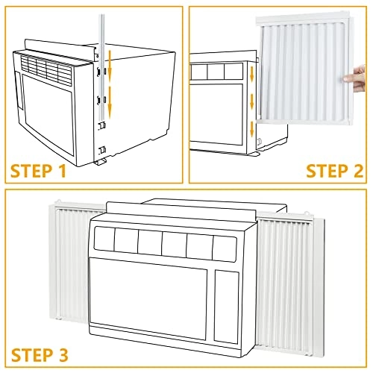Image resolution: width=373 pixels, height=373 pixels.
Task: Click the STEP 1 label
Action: pyautogui.click(x=39, y=171)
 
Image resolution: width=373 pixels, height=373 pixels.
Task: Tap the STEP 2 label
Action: pyautogui.click(x=334, y=171)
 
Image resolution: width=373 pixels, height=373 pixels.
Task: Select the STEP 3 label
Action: pyautogui.click(x=40, y=355)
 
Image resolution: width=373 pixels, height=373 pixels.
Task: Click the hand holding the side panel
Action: pyautogui.click(x=355, y=78)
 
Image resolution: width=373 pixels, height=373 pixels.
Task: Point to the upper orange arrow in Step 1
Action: pyautogui.click(x=110, y=63)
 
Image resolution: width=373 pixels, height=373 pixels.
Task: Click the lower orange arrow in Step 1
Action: pyautogui.click(x=110, y=100)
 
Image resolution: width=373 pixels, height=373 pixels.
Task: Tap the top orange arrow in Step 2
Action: pyautogui.click(x=252, y=74)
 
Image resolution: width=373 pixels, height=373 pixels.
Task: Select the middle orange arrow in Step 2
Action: pyautogui.click(x=252, y=101)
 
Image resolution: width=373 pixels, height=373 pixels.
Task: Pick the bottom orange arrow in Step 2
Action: pyautogui.click(x=252, y=129)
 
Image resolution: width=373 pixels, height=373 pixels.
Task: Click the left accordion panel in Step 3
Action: pyautogui.click(x=72, y=261)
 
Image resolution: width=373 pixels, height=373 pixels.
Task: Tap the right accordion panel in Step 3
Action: pyautogui.click(x=289, y=281)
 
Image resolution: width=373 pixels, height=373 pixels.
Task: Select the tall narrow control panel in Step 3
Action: pyautogui.click(x=227, y=307)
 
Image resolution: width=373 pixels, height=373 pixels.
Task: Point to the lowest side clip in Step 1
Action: pyautogui.click(x=102, y=150)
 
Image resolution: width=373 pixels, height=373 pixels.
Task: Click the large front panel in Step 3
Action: pyautogui.click(x=148, y=298)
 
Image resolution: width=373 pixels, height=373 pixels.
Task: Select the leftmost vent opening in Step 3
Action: pyautogui.click(x=104, y=239)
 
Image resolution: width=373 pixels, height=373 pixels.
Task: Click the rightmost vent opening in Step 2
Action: pyautogui.click(x=233, y=72)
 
